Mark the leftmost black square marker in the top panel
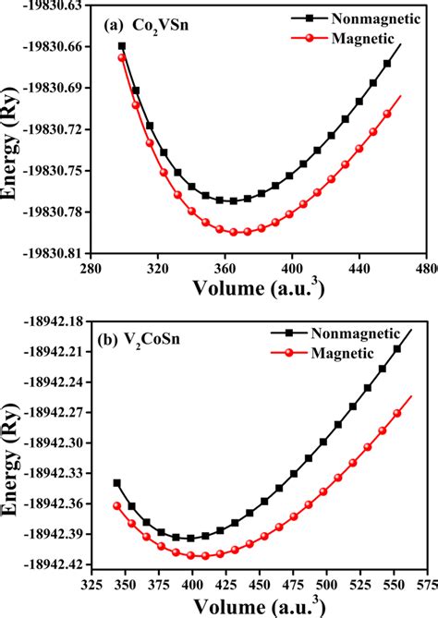pos(122,45)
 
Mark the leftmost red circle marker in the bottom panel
pos(117,505)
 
